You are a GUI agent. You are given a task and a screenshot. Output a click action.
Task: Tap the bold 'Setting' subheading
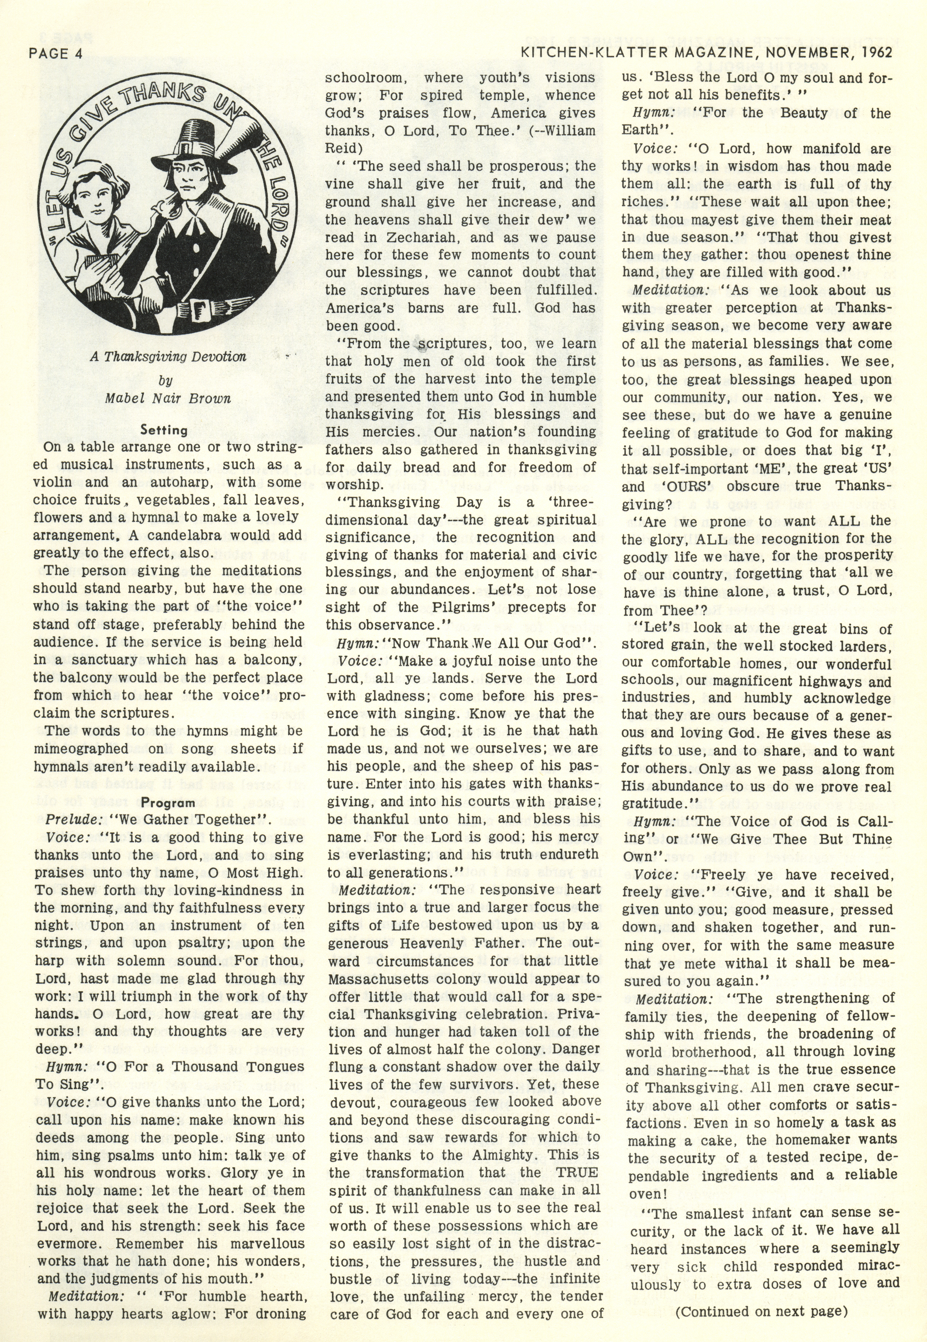[164, 430]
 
